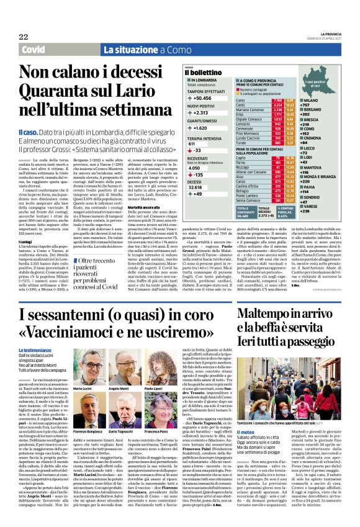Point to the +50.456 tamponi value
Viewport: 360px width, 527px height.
(202, 97)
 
